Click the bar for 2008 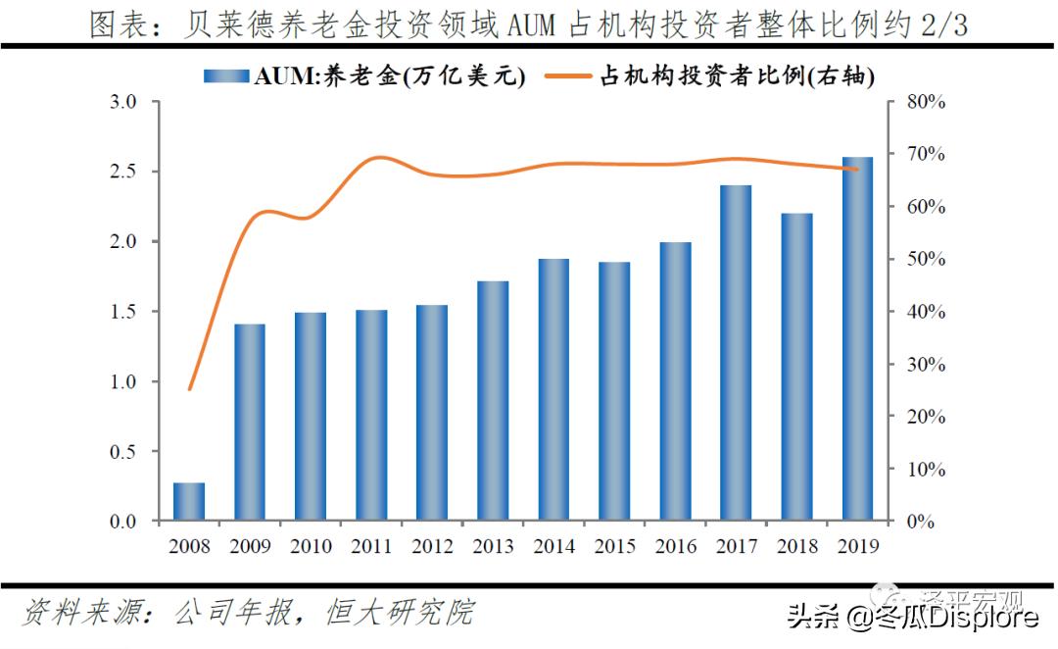[189, 501]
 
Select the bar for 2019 [858, 338]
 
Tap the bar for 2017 [737, 353]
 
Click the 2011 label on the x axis [371, 545]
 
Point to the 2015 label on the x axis [614, 545]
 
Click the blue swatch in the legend [226, 75]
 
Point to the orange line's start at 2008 [190, 389]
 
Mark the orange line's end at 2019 [857, 170]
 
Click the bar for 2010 [311, 416]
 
